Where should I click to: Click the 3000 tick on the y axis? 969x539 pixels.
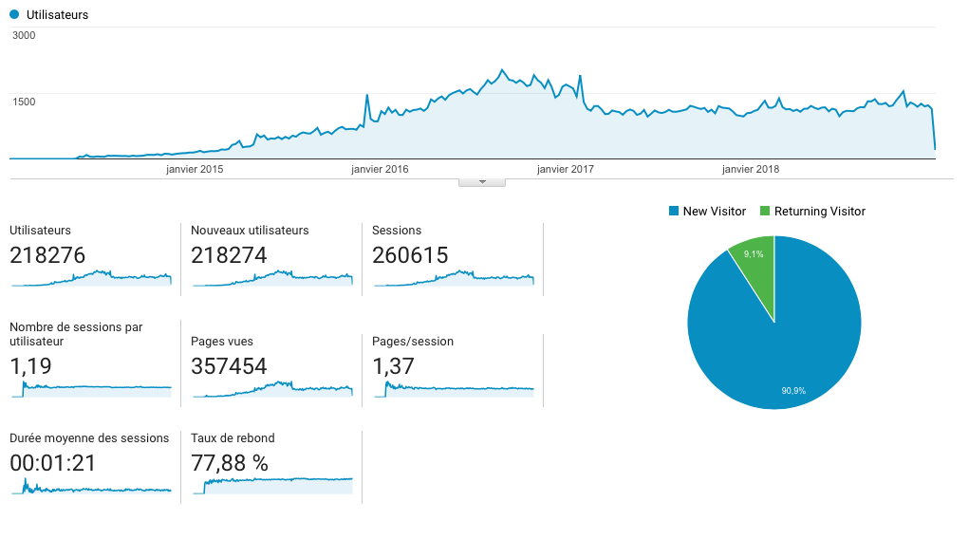[24, 36]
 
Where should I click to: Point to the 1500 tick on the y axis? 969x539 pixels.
[24, 102]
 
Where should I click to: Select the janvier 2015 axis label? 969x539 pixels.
[195, 170]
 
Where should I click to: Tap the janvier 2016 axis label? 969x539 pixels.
[380, 170]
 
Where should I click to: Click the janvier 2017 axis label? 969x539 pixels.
[566, 170]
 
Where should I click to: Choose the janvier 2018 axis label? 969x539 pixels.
[751, 170]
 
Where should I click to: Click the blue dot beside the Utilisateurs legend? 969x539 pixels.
[14, 15]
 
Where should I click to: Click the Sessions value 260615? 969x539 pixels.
[410, 255]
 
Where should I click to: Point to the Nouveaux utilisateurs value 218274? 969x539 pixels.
[229, 255]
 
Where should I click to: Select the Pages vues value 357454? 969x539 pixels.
[229, 366]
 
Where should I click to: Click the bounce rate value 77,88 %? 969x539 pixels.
[230, 464]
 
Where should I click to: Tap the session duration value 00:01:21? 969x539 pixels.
[52, 464]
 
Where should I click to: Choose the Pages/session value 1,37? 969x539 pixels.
[393, 366]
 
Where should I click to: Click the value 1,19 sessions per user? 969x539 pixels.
[30, 366]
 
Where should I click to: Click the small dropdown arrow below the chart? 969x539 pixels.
[482, 182]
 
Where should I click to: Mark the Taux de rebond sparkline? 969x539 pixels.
[278, 484]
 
